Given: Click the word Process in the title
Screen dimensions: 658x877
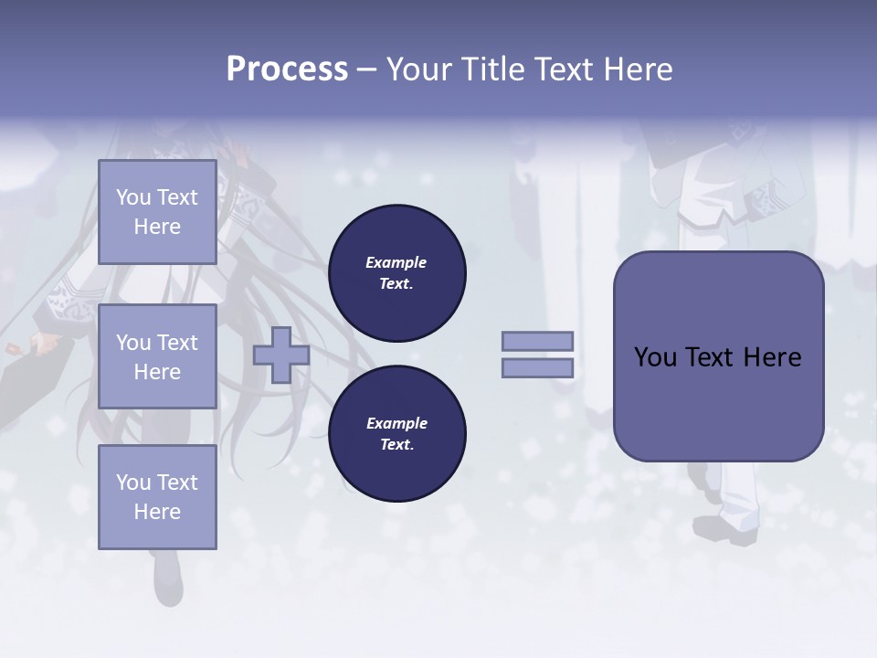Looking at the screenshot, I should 287,69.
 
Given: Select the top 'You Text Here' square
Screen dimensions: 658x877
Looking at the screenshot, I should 157,212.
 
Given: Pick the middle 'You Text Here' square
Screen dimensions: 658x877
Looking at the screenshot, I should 157,356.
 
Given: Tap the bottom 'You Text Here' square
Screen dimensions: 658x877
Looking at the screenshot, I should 157,497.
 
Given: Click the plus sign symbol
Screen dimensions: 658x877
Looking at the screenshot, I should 281,355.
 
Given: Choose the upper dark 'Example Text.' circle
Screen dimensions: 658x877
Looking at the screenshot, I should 396,273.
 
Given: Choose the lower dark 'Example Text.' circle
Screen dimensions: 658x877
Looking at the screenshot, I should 396,434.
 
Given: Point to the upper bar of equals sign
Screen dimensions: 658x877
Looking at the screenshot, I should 538,341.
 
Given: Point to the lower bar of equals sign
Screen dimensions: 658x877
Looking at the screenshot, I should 538,367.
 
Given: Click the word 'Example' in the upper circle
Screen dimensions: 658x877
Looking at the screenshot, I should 396,262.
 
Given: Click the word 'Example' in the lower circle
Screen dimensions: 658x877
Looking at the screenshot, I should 396,423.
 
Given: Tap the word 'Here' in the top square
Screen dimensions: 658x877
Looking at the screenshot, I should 157,227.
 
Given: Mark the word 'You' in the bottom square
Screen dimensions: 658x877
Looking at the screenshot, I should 133,483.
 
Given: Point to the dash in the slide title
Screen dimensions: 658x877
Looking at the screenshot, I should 366,69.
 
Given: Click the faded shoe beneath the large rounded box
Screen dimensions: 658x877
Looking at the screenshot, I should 726,530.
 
